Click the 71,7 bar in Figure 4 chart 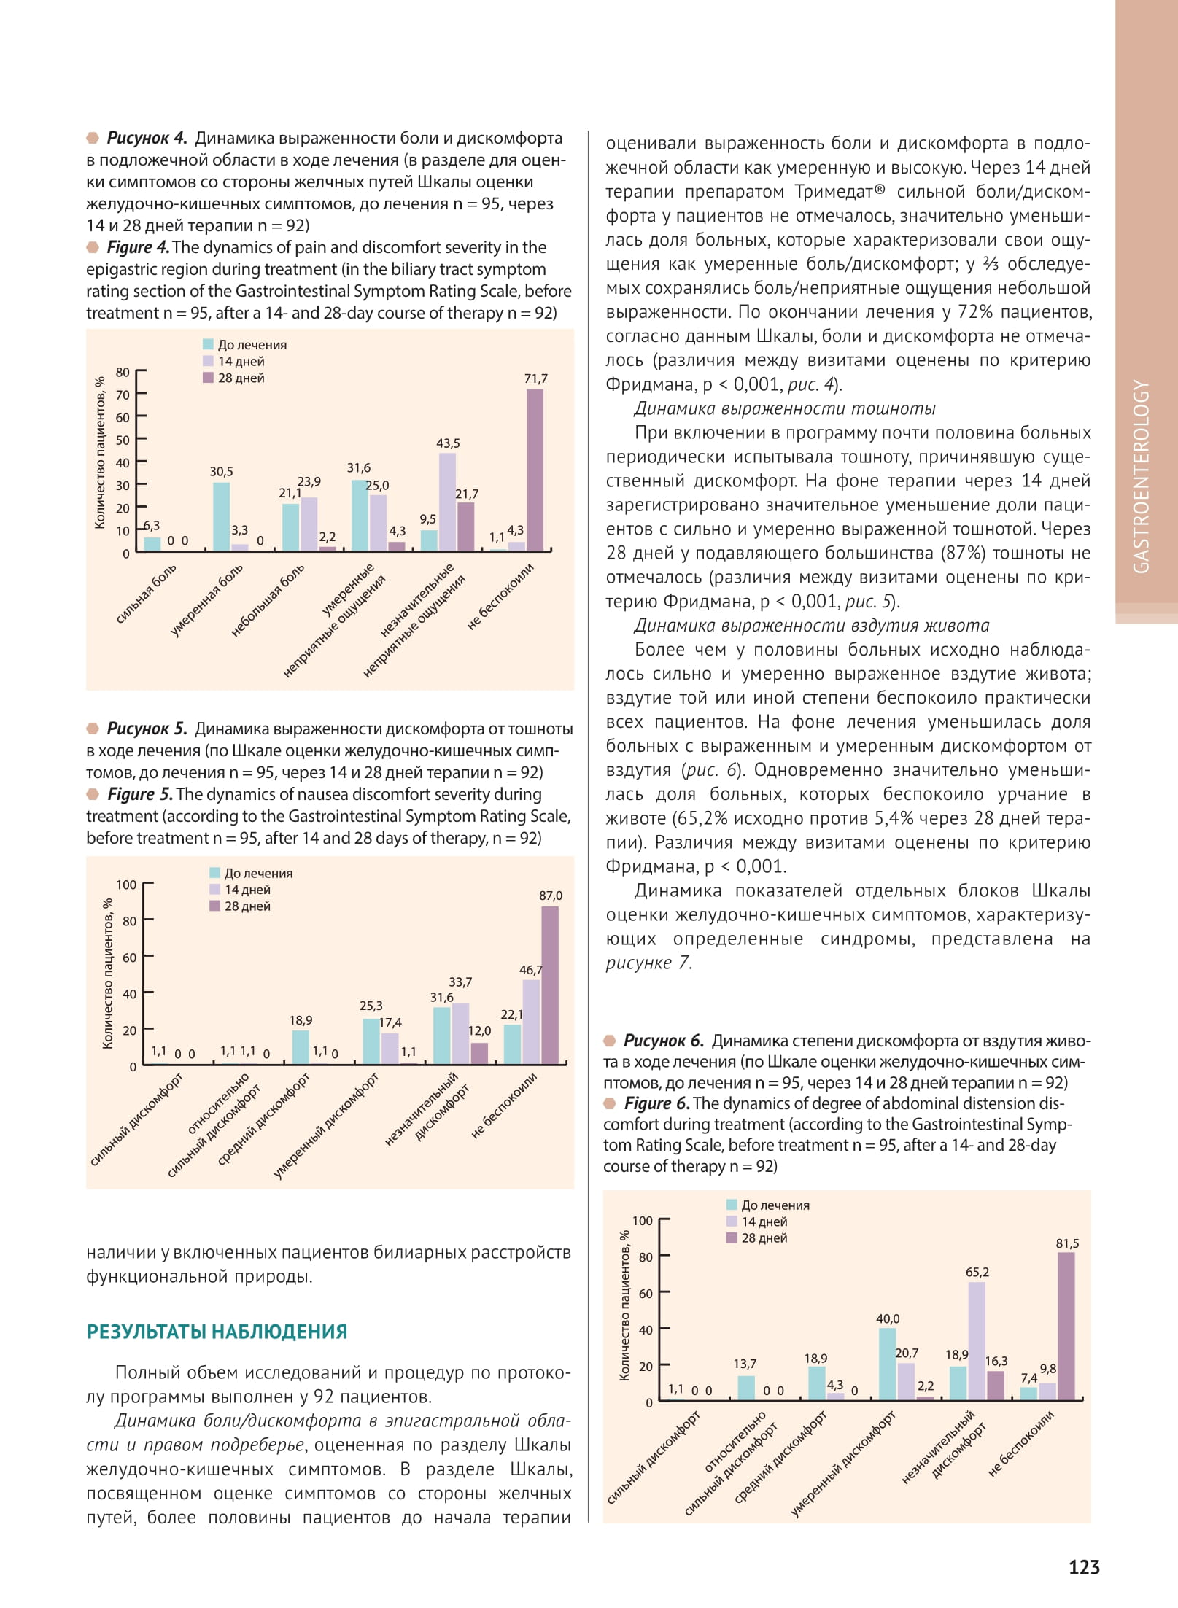tap(535, 470)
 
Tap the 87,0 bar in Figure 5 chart tap(550, 984)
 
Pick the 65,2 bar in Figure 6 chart tap(977, 1340)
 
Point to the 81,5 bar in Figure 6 tap(1066, 1326)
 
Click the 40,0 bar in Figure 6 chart tap(887, 1364)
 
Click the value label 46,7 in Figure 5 tap(530, 970)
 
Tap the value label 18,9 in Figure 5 tap(301, 1020)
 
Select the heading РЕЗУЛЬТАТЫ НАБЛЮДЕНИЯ tap(217, 1332)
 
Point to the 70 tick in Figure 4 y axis tap(123, 395)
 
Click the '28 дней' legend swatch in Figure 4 tap(208, 378)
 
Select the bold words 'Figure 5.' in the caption tap(139, 794)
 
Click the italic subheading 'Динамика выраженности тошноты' tap(784, 408)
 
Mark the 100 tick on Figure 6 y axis tap(642, 1221)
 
